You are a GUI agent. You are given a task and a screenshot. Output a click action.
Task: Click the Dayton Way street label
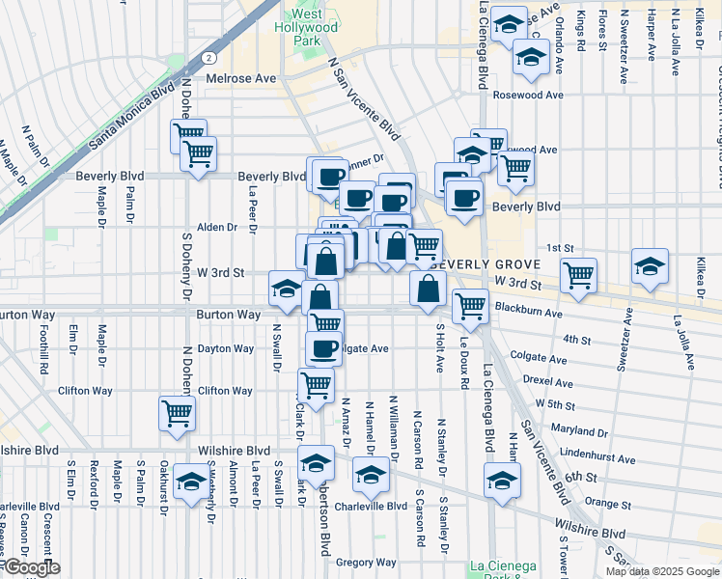coord(225,348)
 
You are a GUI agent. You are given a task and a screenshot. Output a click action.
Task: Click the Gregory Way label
coord(367,563)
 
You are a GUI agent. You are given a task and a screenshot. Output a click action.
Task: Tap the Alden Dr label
coord(216,228)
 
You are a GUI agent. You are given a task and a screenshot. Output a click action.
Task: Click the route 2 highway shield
coord(208,58)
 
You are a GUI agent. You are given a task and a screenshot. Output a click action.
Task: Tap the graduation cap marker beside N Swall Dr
coord(287,289)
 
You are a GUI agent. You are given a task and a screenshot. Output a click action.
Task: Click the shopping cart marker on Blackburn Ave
coord(470,306)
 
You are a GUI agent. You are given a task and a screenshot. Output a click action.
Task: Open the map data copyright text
coord(663,571)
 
